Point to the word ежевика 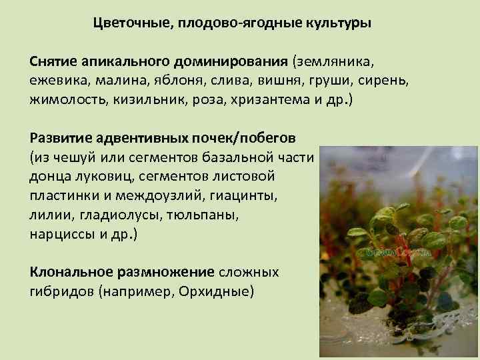click(x=55, y=81)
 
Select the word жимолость click(x=66, y=101)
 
